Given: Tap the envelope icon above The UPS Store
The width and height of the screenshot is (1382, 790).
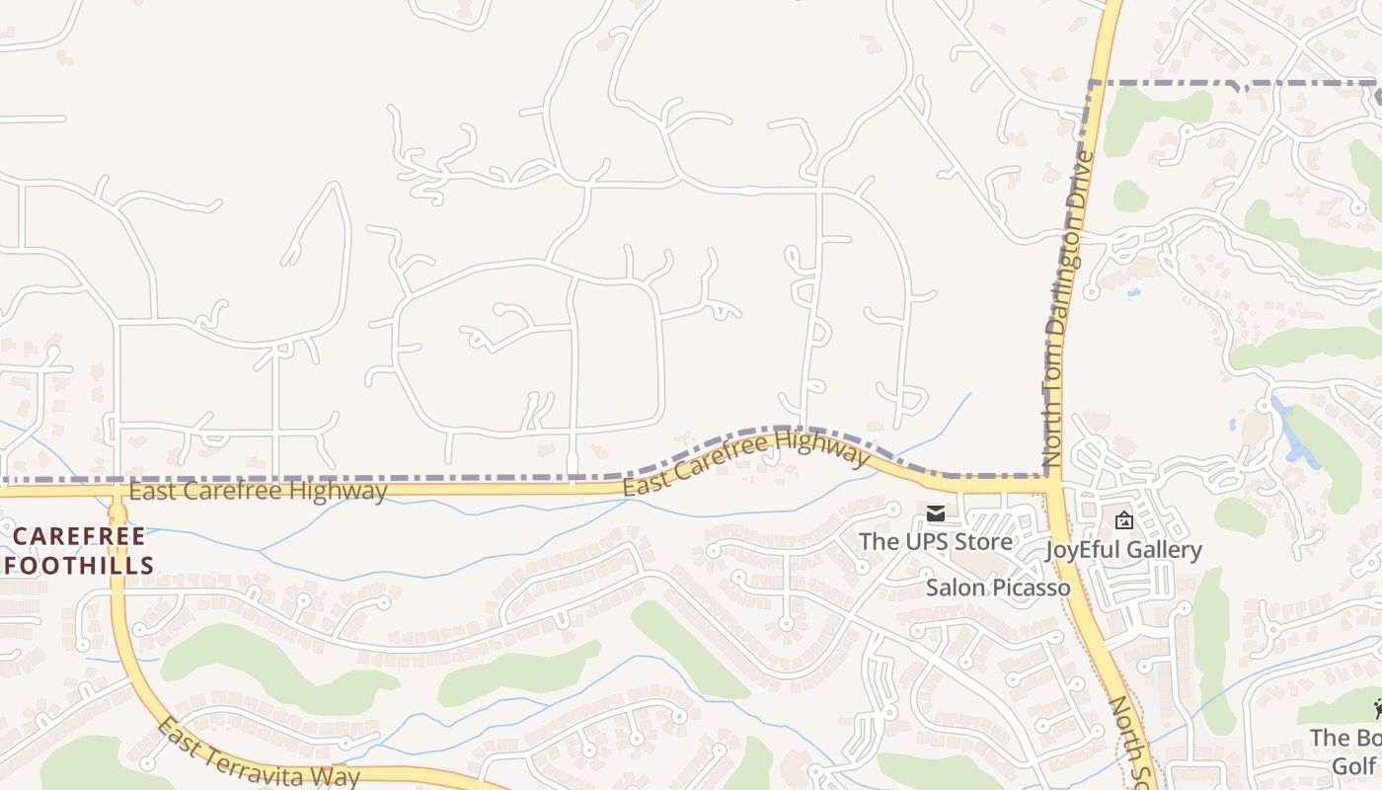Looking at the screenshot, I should pyautogui.click(x=935, y=513).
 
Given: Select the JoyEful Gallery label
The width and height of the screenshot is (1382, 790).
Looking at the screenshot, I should pyautogui.click(x=1123, y=550).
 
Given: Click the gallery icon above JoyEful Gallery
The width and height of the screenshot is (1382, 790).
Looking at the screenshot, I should pyautogui.click(x=1123, y=520).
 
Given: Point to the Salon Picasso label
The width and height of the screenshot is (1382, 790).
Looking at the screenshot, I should pyautogui.click(x=998, y=588).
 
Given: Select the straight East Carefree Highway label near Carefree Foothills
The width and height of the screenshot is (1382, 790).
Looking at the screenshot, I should pyautogui.click(x=258, y=491).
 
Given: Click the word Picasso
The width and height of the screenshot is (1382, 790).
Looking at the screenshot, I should pyautogui.click(x=1032, y=588).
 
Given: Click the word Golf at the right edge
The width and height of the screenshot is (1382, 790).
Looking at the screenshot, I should pyautogui.click(x=1353, y=766).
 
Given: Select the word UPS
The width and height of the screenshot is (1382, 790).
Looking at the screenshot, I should pyautogui.click(x=921, y=541).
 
